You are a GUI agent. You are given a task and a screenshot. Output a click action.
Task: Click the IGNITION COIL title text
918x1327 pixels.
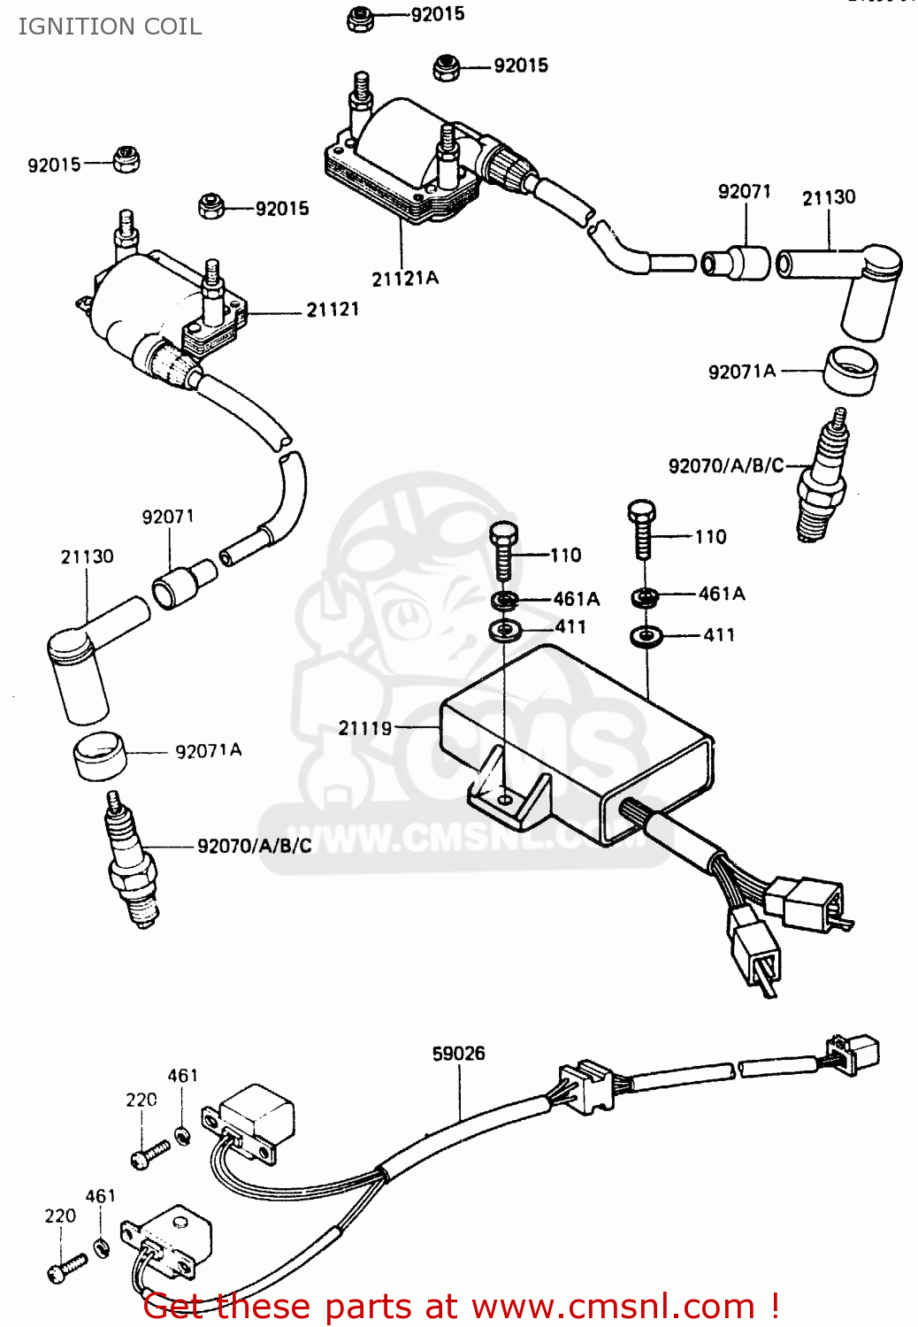110,27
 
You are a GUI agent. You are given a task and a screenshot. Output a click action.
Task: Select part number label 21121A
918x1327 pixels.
405,279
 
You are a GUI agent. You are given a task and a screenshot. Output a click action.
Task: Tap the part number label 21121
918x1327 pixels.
333,310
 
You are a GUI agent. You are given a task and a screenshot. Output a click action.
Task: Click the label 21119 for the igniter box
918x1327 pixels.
364,728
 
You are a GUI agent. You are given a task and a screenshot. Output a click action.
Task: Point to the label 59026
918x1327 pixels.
458,1054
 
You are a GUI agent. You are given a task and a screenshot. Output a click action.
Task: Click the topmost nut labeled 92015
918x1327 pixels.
359,19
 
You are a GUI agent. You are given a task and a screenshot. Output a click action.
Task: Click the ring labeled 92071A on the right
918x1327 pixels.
850,370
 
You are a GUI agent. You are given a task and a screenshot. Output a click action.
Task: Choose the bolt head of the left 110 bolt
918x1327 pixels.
503,534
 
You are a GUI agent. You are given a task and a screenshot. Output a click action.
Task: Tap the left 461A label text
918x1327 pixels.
576,599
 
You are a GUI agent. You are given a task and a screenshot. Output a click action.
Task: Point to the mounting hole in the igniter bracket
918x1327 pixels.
504,799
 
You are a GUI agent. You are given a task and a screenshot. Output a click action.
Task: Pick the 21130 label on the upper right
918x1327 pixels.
829,197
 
